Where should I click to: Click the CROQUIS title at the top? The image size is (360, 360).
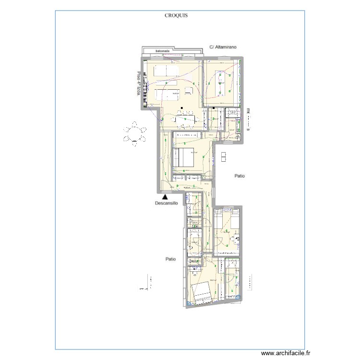(176, 15)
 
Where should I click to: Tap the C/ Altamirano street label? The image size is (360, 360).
(224, 47)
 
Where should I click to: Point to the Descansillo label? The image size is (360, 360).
(166, 204)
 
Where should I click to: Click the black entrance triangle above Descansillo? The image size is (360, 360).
(165, 196)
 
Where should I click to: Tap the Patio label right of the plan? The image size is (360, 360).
(240, 176)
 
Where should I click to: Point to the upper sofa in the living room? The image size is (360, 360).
(166, 70)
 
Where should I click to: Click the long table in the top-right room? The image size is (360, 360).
(222, 84)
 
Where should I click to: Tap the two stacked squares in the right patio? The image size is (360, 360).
(225, 157)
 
